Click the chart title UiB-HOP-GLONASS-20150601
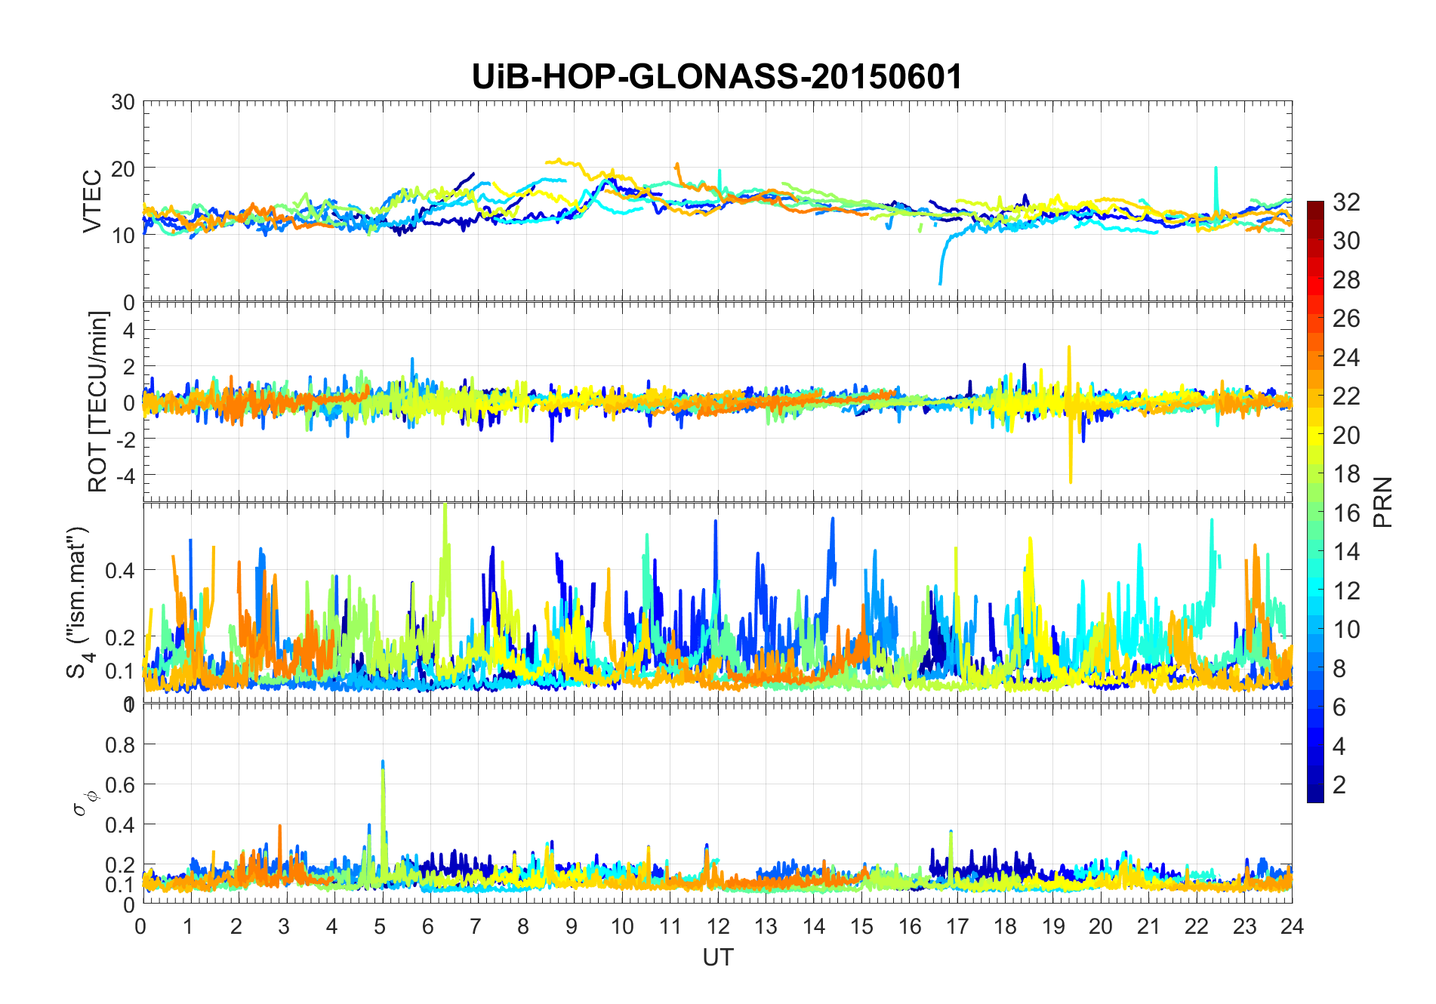tap(716, 77)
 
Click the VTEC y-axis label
tap(92, 202)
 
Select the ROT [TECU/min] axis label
tap(97, 402)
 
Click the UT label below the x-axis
tap(717, 957)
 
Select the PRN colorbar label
tap(1382, 502)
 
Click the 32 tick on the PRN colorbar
tap(1346, 202)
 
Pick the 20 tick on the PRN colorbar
tap(1346, 436)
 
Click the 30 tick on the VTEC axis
tap(123, 102)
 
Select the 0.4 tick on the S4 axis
tap(120, 570)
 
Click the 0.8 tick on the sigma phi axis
tap(120, 745)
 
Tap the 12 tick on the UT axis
tap(717, 926)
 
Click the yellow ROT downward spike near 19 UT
tap(1071, 476)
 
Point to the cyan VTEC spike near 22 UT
tap(1216, 171)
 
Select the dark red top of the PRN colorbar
tap(1315, 205)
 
